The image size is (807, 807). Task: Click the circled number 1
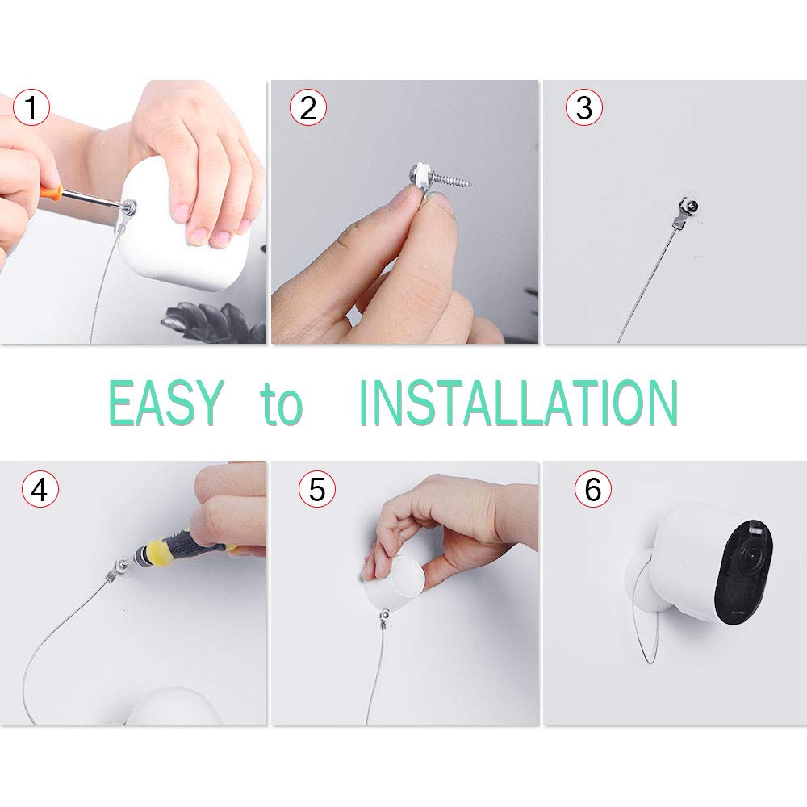pos(31,107)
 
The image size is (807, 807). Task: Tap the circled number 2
pos(307,107)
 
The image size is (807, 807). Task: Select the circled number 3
pos(584,107)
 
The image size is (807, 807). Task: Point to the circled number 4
pos(40,489)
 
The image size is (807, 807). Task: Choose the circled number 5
pos(317,489)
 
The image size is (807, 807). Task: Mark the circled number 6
pos(593,489)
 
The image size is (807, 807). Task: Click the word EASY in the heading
pos(166,403)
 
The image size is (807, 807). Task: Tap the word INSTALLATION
pos(518,403)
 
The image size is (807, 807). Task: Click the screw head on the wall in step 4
pos(122,565)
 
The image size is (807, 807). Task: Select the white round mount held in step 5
pos(395,582)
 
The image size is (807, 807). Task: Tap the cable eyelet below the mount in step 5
pos(383,616)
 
